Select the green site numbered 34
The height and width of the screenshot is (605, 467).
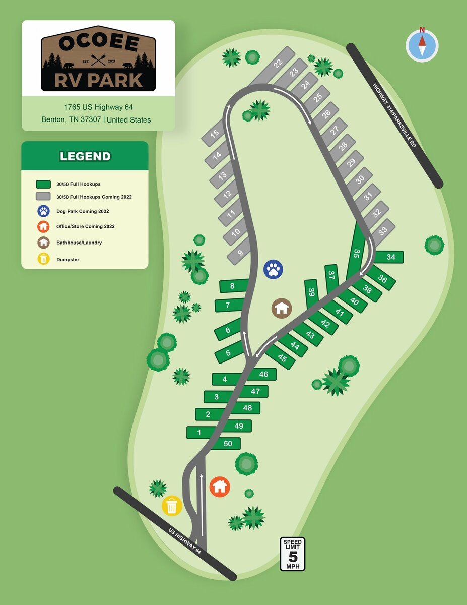(x=391, y=257)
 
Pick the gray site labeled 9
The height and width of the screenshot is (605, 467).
(x=240, y=253)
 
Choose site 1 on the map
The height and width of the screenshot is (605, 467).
(x=199, y=433)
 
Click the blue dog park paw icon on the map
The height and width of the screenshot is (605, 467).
(x=273, y=269)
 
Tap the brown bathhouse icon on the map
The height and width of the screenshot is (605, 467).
(x=282, y=308)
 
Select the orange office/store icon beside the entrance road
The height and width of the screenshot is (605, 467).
(x=220, y=487)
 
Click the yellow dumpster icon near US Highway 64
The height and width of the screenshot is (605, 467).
(x=172, y=506)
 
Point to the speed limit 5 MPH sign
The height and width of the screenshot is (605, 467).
(x=292, y=554)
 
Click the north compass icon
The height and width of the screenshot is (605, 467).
(x=422, y=45)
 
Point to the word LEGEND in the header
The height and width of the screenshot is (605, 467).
(x=85, y=156)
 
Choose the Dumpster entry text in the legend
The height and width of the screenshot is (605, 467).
(x=68, y=259)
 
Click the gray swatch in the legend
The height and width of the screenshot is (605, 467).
(x=43, y=197)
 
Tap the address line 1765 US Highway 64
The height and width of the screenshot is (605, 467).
(x=98, y=107)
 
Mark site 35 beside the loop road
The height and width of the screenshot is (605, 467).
(x=357, y=253)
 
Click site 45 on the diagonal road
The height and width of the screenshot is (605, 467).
(x=282, y=358)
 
